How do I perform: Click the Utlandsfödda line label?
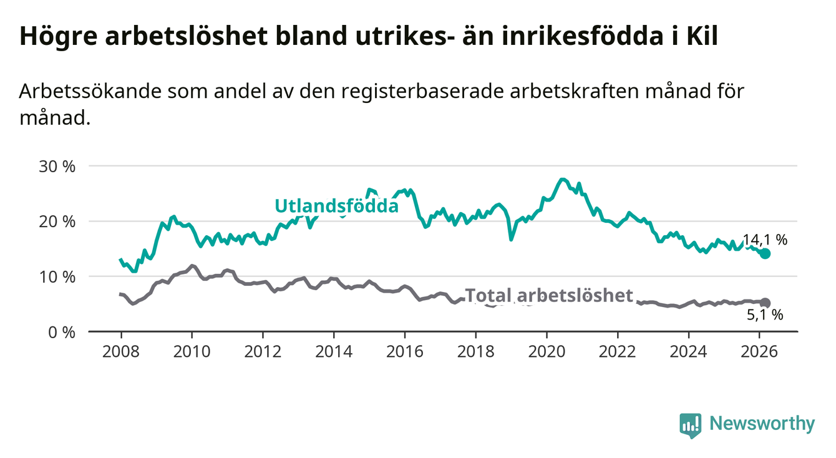click(336, 206)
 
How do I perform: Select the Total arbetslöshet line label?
click(549, 295)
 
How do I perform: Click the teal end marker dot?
click(765, 253)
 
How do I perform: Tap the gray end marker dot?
click(765, 303)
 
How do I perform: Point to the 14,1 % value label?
click(765, 240)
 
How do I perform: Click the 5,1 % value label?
click(765, 316)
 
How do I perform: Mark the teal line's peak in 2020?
click(563, 180)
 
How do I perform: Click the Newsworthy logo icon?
click(690, 425)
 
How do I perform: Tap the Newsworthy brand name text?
click(762, 424)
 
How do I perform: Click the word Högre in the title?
click(57, 36)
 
